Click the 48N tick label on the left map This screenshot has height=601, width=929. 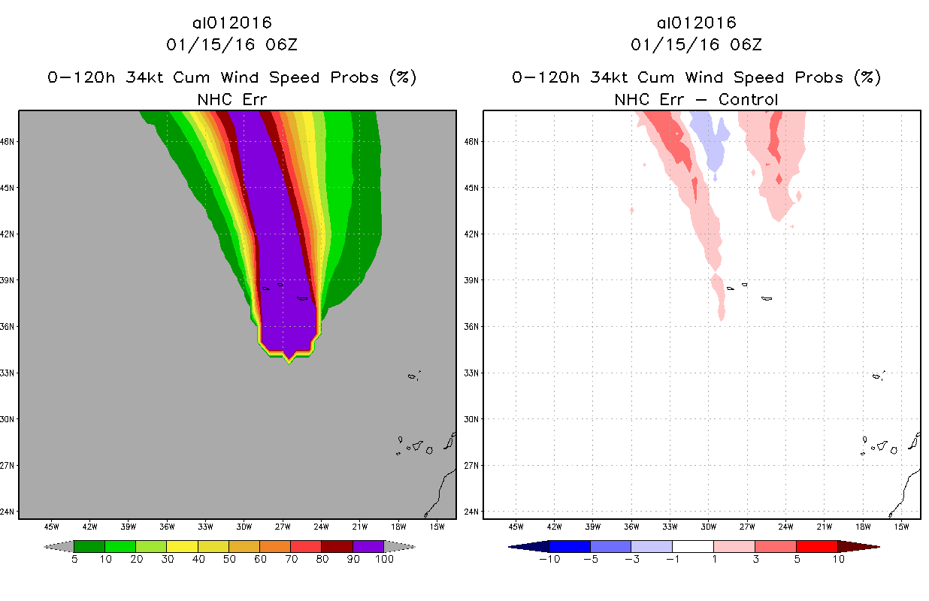point(7,142)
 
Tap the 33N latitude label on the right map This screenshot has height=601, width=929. point(471,373)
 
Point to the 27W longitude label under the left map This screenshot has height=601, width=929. point(283,527)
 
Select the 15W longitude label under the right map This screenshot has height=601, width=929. point(902,527)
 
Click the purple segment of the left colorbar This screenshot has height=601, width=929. point(368,546)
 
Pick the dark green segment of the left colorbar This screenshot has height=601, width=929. point(89,546)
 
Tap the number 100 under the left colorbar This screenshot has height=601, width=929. point(384,559)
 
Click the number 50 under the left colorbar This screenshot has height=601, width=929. point(229,559)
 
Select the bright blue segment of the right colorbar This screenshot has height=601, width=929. point(570,546)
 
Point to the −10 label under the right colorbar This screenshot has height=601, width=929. point(549,559)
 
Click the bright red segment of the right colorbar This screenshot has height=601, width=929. point(817,546)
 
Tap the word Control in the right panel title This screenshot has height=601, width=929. point(748,99)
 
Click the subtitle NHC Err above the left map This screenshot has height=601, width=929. point(231,99)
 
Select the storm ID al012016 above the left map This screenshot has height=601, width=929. point(231,23)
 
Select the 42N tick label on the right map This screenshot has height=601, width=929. point(471,234)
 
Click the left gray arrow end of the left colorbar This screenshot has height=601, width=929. point(59,546)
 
